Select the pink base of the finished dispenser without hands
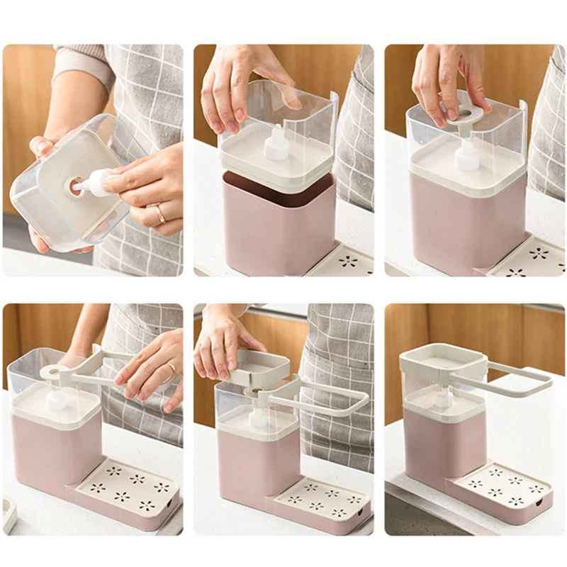[x=433, y=454]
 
